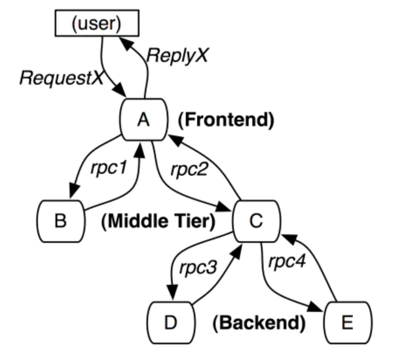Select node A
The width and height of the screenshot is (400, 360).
[143, 119]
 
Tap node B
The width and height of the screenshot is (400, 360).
[60, 221]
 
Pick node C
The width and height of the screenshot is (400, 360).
[255, 221]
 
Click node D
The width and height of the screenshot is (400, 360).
[170, 323]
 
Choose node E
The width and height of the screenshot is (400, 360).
[348, 323]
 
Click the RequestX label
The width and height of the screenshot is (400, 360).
[61, 78]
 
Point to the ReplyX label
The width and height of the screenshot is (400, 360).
[177, 55]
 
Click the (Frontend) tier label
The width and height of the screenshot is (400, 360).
[226, 120]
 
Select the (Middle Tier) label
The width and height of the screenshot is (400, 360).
[158, 222]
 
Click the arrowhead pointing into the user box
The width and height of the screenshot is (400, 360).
[124, 42]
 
